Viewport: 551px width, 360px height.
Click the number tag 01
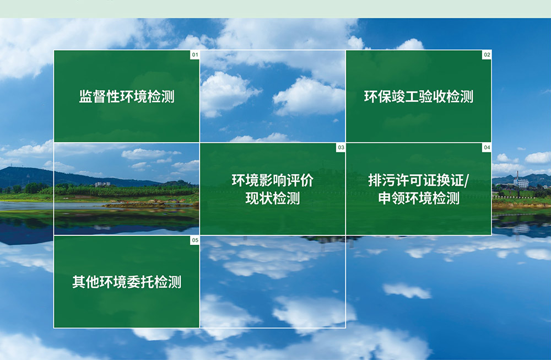195,55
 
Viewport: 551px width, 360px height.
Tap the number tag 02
487,55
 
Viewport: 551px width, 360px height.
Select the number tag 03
341,148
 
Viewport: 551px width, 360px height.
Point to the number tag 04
487,148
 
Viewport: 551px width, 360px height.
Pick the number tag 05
195,240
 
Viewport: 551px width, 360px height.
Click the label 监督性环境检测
127,96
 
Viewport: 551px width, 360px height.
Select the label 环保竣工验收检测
419,96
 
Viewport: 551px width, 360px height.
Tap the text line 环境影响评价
272,181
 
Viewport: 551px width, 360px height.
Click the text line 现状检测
272,198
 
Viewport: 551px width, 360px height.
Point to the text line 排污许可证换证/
419,181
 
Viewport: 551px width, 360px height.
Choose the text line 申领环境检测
419,198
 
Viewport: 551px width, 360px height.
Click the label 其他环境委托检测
127,282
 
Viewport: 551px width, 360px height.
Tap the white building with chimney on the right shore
521,182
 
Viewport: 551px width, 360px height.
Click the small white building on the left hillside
102,184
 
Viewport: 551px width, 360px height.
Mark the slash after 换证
466,181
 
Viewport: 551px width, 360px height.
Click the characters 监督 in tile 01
92,96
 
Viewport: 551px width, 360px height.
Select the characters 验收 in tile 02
432,96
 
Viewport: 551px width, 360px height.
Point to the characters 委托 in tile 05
140,282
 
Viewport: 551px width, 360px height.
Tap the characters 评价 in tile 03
300,181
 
